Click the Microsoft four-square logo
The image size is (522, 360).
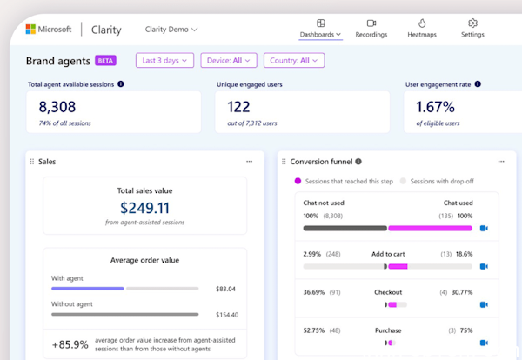[x=30, y=29]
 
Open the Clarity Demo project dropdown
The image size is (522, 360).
[x=171, y=30]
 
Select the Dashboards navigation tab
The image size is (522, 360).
[x=320, y=35]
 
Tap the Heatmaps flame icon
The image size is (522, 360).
[x=422, y=23]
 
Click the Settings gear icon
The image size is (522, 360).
[x=472, y=23]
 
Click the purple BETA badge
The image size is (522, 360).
[x=106, y=61]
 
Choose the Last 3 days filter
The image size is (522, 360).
[x=164, y=61]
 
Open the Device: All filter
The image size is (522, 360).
[x=229, y=61]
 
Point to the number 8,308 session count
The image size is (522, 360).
[x=57, y=108]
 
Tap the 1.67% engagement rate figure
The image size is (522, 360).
[x=436, y=108]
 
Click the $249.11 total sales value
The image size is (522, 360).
[x=144, y=208]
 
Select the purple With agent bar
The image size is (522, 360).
[x=87, y=289]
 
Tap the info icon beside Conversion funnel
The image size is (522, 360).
[x=358, y=162]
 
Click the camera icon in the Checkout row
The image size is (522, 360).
[x=484, y=304]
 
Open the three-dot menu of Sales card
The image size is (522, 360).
[x=249, y=162]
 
